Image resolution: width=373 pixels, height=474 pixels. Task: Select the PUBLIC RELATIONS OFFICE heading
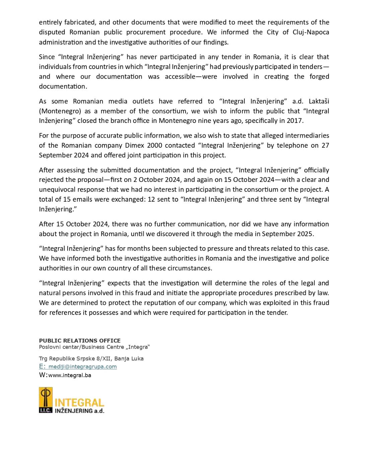tap(80, 340)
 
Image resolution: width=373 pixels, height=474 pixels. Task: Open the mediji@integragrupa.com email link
tap(82, 366)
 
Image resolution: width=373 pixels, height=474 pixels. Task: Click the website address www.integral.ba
tap(70, 375)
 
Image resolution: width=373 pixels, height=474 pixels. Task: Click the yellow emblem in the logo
tap(46, 397)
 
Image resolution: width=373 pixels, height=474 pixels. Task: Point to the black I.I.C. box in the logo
tap(46, 410)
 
